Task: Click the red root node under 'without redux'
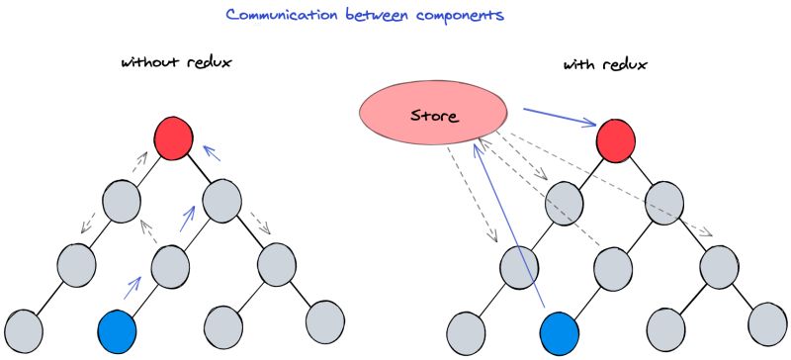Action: coord(174,139)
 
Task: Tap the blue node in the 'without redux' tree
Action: coord(118,329)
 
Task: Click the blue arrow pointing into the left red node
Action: coord(209,153)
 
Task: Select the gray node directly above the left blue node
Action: coord(171,264)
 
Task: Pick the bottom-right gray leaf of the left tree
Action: coord(324,321)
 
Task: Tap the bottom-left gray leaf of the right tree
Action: coord(466,329)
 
